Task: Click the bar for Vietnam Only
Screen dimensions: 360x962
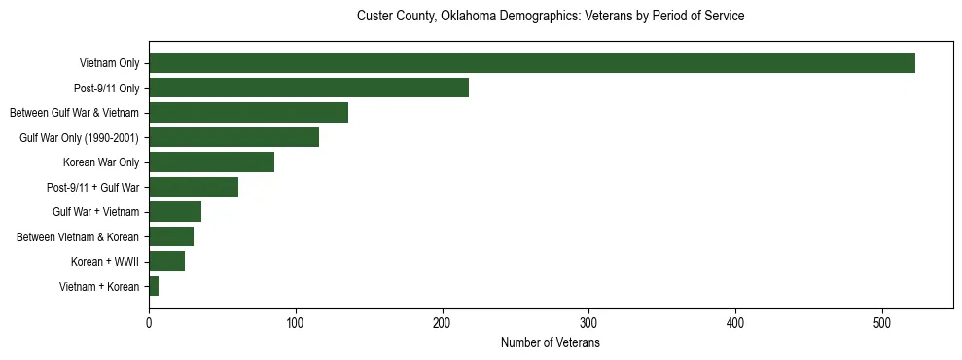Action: click(531, 63)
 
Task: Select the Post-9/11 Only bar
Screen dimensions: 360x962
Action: click(308, 88)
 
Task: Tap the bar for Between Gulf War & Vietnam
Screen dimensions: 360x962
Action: click(248, 113)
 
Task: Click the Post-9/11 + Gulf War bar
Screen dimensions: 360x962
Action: click(193, 187)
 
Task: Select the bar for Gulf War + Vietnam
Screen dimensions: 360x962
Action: click(174, 212)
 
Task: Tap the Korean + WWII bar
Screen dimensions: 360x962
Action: click(166, 262)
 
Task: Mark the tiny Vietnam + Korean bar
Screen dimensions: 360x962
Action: click(154, 286)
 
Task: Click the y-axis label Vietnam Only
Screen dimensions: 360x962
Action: click(109, 64)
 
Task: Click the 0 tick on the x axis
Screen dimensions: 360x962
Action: click(149, 325)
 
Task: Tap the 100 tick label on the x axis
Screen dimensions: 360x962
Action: click(296, 325)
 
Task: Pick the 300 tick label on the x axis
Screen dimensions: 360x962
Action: click(588, 325)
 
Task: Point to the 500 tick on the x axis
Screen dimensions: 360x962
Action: click(882, 325)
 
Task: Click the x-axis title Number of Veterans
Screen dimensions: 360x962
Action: click(550, 343)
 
